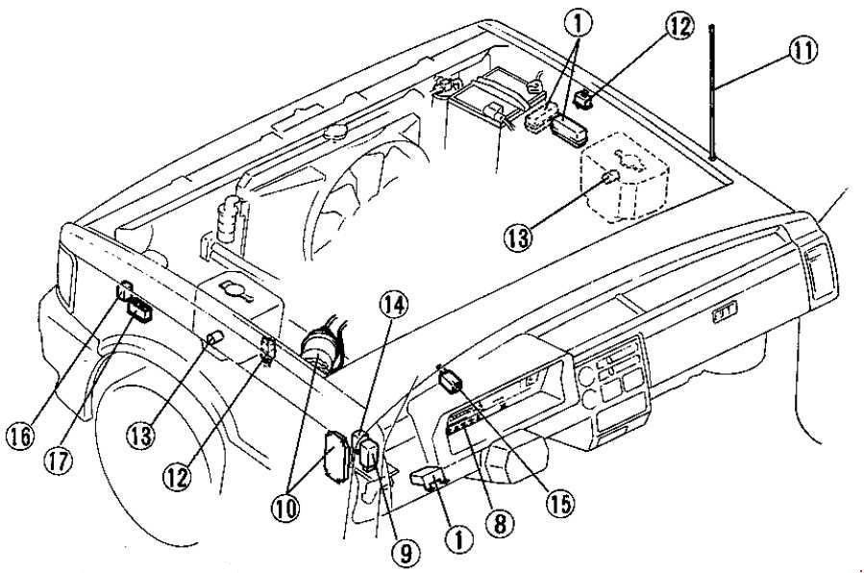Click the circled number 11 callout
coord(802,50)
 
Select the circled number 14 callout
coord(394,304)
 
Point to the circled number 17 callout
coord(59,461)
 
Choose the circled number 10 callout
coord(286,507)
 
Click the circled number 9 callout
coord(405,553)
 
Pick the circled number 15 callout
coord(559,502)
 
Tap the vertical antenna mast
coord(712,92)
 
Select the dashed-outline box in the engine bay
coord(625,175)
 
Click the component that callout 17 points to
coord(140,309)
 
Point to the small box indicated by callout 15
coord(451,380)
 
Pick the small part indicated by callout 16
coord(124,289)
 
